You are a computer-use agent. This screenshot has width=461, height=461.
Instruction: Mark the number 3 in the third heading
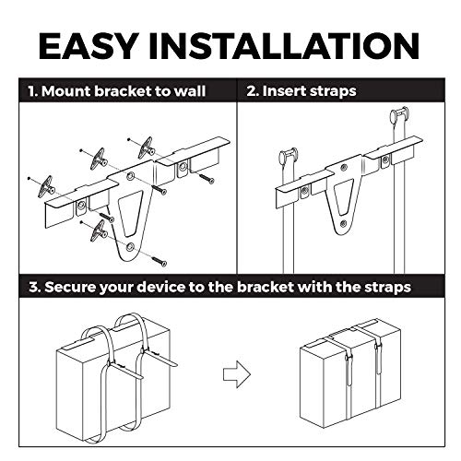pos(33,288)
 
